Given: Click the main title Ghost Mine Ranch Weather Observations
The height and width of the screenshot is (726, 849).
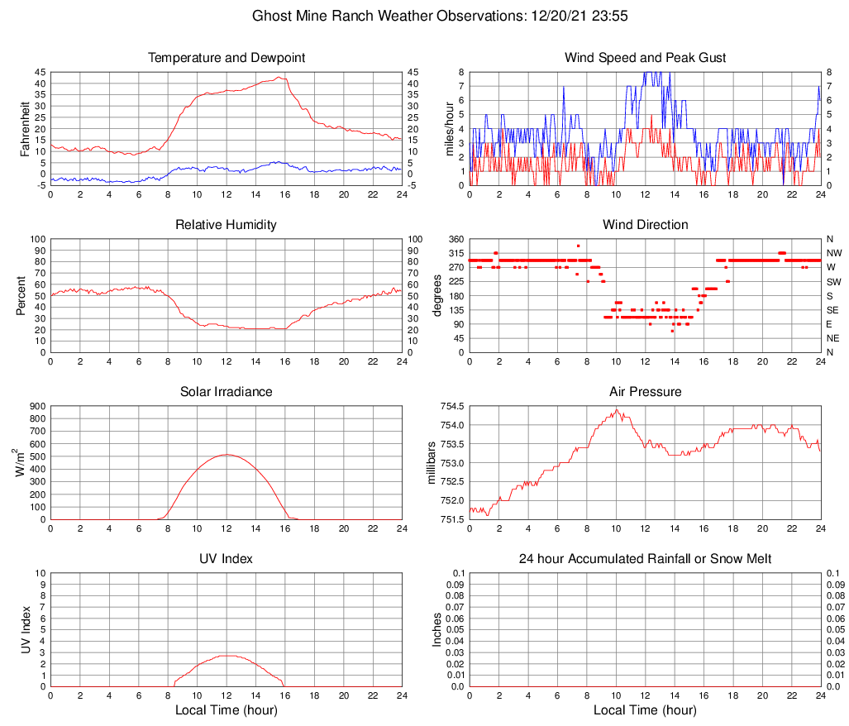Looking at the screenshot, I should [x=425, y=15].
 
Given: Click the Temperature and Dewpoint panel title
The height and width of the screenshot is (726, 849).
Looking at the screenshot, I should [x=227, y=58].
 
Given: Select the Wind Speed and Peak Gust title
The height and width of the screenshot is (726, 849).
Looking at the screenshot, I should [x=645, y=58].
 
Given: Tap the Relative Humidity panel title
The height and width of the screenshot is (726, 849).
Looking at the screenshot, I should [x=227, y=225].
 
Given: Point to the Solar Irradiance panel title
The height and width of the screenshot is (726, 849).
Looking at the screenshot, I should [x=227, y=391].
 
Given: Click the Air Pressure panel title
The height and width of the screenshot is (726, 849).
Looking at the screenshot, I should [x=645, y=391].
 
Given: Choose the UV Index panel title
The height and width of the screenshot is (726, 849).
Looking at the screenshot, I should [x=227, y=559].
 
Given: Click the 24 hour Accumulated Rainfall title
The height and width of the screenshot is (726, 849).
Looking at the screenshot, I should [x=645, y=559].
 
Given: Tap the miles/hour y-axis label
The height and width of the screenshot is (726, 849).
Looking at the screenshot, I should [x=451, y=128].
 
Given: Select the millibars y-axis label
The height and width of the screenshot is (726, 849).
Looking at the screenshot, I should [x=431, y=463].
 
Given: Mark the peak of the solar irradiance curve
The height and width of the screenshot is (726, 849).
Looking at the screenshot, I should [x=227, y=455].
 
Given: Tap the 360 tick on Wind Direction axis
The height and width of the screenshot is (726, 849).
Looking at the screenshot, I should [x=455, y=239].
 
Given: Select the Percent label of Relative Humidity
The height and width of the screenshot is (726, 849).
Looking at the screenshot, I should [x=21, y=295].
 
